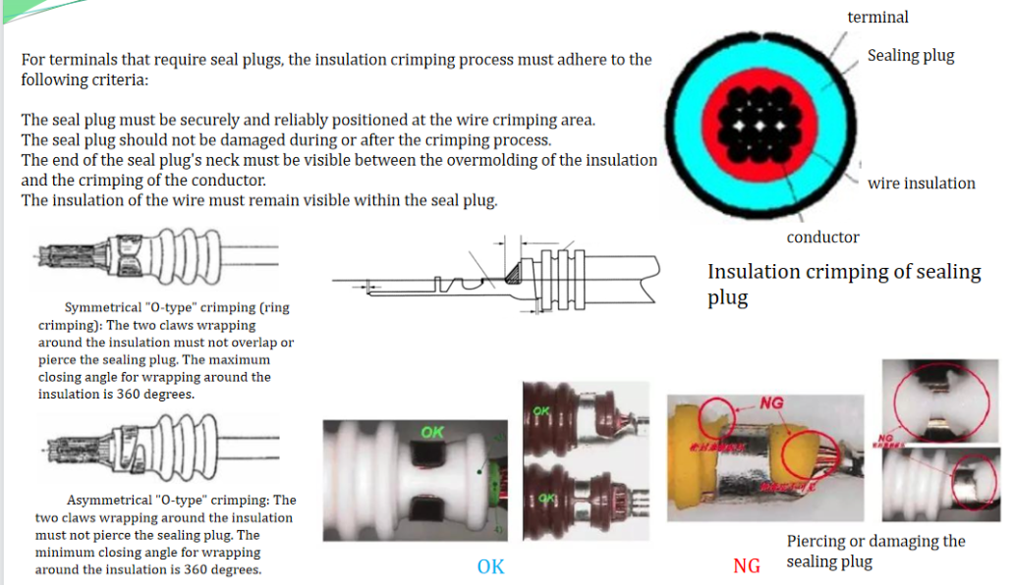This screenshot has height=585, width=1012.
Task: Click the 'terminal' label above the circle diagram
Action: click(877, 17)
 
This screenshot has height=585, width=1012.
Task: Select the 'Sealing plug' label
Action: click(910, 55)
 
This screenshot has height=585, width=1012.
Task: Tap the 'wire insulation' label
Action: click(921, 183)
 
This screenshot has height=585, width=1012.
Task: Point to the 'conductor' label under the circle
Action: click(822, 237)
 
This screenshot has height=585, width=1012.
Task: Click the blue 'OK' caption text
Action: click(490, 566)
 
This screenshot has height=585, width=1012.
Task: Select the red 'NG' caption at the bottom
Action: click(747, 566)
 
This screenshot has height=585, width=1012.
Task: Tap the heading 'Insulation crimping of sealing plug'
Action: click(843, 283)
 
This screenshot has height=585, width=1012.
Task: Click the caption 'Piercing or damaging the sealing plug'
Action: click(875, 551)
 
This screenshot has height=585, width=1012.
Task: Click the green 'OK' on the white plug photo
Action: click(431, 432)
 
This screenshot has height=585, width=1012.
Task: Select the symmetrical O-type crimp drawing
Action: click(152, 259)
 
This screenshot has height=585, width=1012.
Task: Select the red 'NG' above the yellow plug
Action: click(771, 403)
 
